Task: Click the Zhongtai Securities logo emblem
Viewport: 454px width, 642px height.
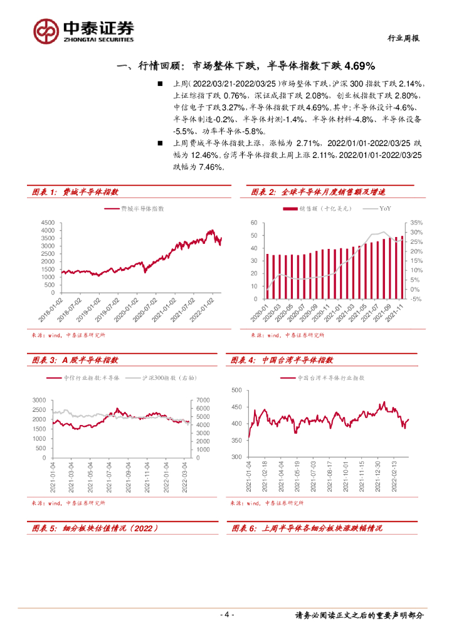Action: (x=46, y=30)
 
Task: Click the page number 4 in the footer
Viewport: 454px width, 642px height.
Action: (x=226, y=615)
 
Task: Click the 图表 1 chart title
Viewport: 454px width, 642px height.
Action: (x=75, y=192)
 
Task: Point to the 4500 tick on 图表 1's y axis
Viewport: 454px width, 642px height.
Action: (x=46, y=223)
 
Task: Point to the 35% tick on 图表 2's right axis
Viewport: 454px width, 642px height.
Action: (x=416, y=223)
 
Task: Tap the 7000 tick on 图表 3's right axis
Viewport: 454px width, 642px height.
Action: (x=203, y=400)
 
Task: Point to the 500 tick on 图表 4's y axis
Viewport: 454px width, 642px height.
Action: (x=236, y=390)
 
